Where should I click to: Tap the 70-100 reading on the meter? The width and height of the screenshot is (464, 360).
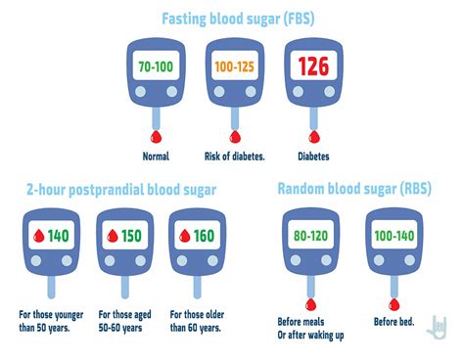point(156,68)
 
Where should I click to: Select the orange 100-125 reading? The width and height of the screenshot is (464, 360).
point(234,68)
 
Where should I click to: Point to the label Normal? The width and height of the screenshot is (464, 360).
point(156,155)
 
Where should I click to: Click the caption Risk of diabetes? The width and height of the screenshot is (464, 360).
point(234,155)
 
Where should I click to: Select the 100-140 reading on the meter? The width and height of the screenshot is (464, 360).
point(393,235)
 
